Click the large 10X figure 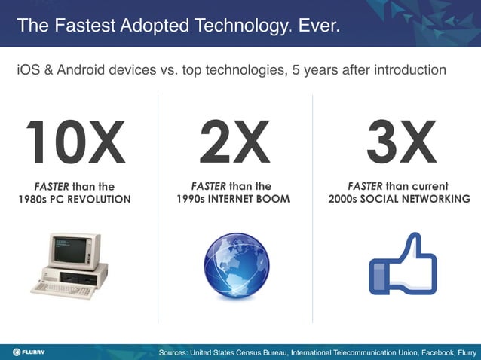coord(75,143)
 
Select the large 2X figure coord(234,143)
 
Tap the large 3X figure coord(401,143)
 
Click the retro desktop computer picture coord(72,265)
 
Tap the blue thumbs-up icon coord(402,265)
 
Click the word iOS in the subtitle coord(29,70)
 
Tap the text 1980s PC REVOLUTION coord(75,200)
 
